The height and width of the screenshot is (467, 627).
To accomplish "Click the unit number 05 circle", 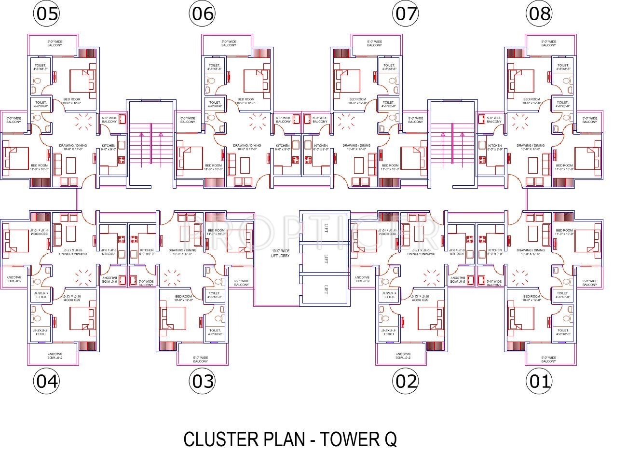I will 46,14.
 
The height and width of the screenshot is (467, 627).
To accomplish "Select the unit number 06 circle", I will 202,14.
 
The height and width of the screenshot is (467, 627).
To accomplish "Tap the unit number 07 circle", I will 406,14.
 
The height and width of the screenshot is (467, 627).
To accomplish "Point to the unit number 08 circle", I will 539,14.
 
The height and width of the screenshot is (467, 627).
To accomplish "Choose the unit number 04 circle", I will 46,382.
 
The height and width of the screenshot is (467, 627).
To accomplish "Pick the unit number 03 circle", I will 202,382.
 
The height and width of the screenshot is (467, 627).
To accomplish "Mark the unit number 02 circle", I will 406,382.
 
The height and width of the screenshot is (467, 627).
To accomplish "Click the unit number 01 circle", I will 539,382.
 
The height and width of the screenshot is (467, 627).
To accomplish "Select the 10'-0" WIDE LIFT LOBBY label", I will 280,253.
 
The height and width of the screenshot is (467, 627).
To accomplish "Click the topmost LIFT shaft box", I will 324,228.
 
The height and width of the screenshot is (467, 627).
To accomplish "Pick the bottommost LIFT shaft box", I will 324,289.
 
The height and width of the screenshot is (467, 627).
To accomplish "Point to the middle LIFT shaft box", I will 324,259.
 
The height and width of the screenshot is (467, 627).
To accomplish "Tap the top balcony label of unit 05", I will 55,43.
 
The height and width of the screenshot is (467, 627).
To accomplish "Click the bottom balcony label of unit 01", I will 548,360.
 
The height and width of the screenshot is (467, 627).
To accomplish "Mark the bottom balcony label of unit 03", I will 201,360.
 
